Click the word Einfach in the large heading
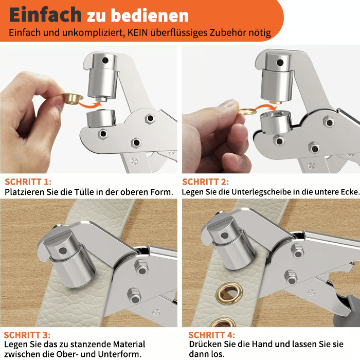coord(45,14)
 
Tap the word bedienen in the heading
coord(150,15)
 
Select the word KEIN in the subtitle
coord(137,32)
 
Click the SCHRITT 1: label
coord(28,182)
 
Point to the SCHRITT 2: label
coord(206,182)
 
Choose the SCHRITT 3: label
coord(27,335)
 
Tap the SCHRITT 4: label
coord(212,335)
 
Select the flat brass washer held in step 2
coord(247,112)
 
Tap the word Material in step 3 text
coord(129,345)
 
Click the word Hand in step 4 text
coord(262,345)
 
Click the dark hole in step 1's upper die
coord(105,60)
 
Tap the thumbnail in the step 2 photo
coord(229,103)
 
